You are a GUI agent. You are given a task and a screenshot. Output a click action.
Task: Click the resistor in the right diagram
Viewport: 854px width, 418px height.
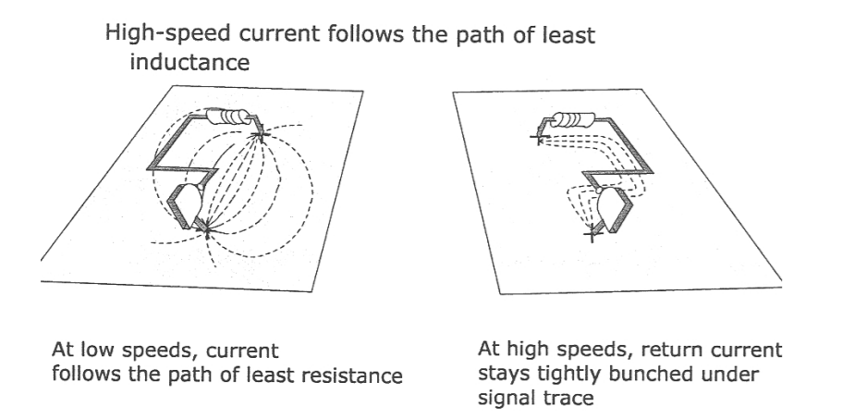pyautogui.click(x=573, y=119)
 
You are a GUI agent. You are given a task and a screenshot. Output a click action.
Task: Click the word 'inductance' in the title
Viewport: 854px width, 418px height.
pyautogui.click(x=189, y=62)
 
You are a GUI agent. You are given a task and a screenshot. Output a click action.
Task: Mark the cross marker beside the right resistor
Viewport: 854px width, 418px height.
pyautogui.click(x=538, y=138)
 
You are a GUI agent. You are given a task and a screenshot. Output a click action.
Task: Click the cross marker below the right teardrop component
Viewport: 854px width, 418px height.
pyautogui.click(x=592, y=235)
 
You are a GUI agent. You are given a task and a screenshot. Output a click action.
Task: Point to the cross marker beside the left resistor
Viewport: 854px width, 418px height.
pyautogui.click(x=261, y=133)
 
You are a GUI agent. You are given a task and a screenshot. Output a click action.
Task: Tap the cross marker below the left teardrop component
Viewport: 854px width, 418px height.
pyautogui.click(x=206, y=229)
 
